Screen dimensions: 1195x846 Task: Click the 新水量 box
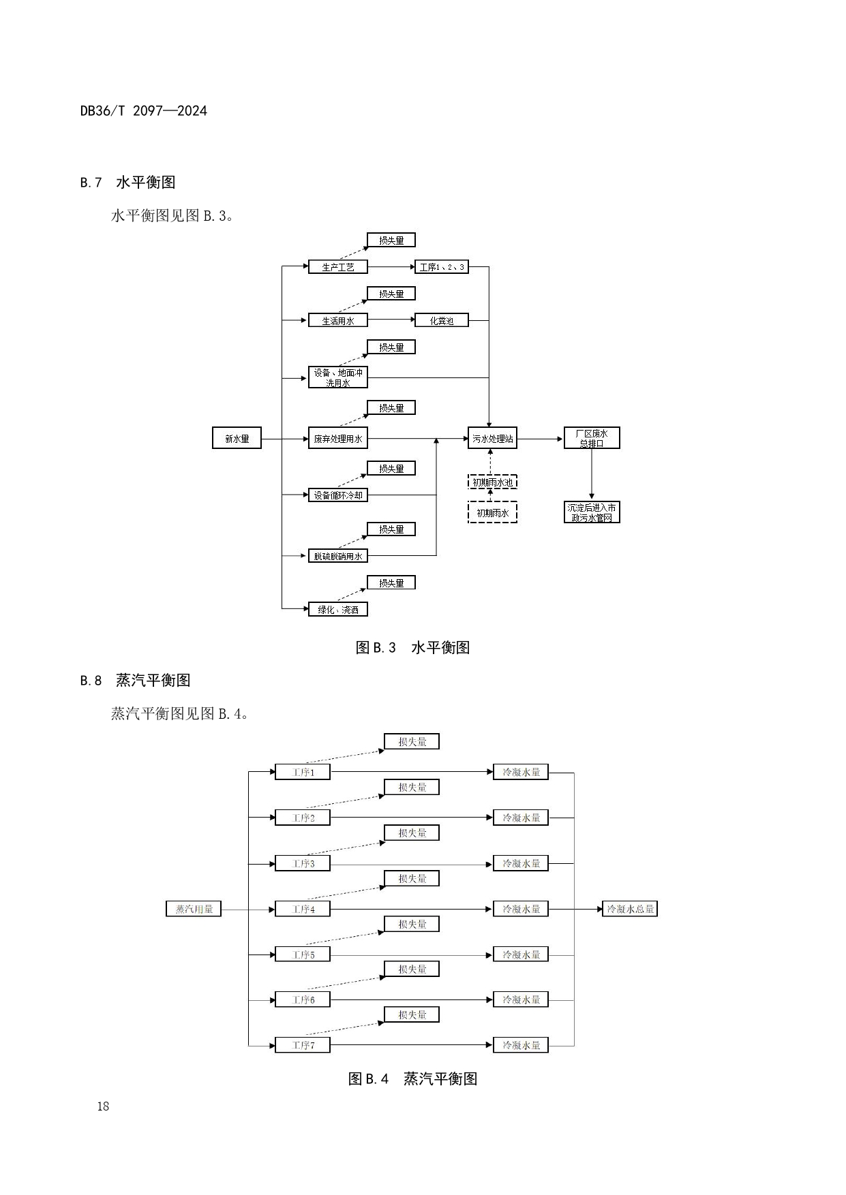(x=237, y=439)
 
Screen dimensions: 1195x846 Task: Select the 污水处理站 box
(x=492, y=439)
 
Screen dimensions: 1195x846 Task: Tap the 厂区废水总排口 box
(x=592, y=438)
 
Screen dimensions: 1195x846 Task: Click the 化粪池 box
(x=441, y=320)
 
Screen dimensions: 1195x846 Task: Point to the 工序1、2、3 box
(x=441, y=267)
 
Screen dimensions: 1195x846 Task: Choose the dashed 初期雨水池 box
(x=492, y=482)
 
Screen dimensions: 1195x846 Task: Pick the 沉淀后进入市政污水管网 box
(x=592, y=512)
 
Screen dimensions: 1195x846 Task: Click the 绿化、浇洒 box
(x=337, y=609)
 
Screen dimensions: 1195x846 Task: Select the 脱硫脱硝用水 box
(x=337, y=556)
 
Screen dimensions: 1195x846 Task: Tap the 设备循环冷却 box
(x=337, y=495)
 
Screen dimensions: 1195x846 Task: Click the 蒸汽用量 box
(x=194, y=909)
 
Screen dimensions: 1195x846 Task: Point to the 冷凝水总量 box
(x=630, y=909)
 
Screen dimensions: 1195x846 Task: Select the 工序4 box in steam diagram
(x=303, y=909)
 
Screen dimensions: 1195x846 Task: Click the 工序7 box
(x=303, y=1045)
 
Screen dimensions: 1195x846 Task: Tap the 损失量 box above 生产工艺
(x=391, y=240)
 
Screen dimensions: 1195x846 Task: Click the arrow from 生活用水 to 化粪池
(x=391, y=320)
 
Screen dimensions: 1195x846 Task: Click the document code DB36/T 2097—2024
(x=143, y=111)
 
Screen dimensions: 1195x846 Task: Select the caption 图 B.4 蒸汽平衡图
(x=412, y=1078)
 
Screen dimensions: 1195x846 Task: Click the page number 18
(x=103, y=1106)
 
